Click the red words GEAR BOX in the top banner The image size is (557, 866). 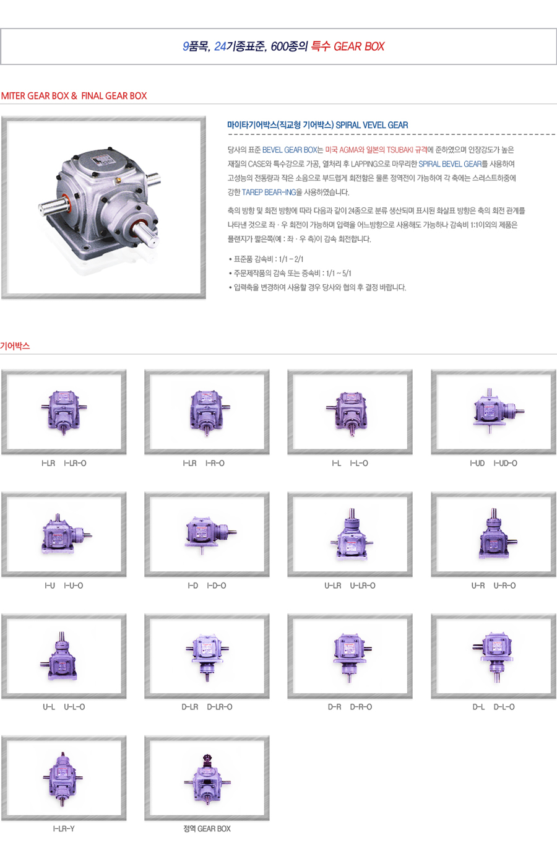[x=359, y=46]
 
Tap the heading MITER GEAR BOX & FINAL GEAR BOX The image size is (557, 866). [x=74, y=96]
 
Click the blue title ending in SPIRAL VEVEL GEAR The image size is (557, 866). [x=317, y=125]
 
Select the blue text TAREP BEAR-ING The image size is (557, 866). [x=269, y=192]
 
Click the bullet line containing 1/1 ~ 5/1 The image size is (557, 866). [x=290, y=274]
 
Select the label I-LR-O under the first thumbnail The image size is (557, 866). [x=75, y=463]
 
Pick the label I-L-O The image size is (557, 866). [x=359, y=463]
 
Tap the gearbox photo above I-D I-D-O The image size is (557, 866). [x=210, y=534]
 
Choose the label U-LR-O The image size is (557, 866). [x=363, y=586]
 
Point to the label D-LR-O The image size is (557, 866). [x=220, y=707]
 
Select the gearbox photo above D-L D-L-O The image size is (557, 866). [x=492, y=657]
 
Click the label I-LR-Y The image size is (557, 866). [x=64, y=829]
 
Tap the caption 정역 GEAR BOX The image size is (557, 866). [x=207, y=829]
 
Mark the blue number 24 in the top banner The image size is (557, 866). [x=220, y=46]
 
